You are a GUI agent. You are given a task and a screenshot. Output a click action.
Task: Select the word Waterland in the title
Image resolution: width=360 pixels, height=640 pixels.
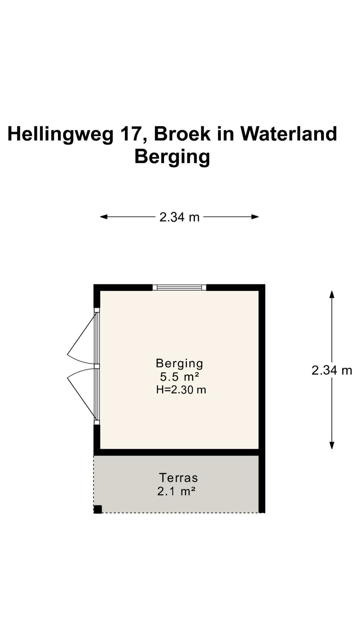pyautogui.click(x=288, y=134)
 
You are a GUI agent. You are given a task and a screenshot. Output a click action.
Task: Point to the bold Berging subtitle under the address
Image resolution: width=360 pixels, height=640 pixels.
pyautogui.click(x=172, y=157)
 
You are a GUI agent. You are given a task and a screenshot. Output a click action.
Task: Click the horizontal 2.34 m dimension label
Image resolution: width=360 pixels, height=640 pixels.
pyautogui.click(x=179, y=217)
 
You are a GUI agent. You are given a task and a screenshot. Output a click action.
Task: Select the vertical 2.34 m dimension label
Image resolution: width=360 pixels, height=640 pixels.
pyautogui.click(x=332, y=370)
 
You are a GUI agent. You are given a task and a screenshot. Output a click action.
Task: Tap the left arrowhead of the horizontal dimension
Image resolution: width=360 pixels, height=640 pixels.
pyautogui.click(x=103, y=217)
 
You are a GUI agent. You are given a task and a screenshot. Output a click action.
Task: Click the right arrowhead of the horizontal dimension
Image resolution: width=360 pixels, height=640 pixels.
pyautogui.click(x=255, y=217)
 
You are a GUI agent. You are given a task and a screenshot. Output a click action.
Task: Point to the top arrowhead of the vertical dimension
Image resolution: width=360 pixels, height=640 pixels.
pyautogui.click(x=332, y=294)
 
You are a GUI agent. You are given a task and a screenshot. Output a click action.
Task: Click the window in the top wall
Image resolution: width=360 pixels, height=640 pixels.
pyautogui.click(x=179, y=287)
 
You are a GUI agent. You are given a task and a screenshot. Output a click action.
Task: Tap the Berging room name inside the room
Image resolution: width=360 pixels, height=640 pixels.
pyautogui.click(x=179, y=363)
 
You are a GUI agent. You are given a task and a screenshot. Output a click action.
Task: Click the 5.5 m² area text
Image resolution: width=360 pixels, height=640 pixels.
pyautogui.click(x=180, y=377)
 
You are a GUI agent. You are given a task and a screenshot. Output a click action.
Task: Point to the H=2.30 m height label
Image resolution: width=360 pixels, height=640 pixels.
pyautogui.click(x=181, y=390)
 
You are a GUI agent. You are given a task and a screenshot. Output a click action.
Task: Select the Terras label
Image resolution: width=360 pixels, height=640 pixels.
pyautogui.click(x=178, y=478)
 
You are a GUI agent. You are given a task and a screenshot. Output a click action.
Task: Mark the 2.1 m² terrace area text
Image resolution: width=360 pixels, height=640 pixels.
pyautogui.click(x=177, y=492)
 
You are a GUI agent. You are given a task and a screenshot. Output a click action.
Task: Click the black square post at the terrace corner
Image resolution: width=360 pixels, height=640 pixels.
pyautogui.click(x=98, y=509)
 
